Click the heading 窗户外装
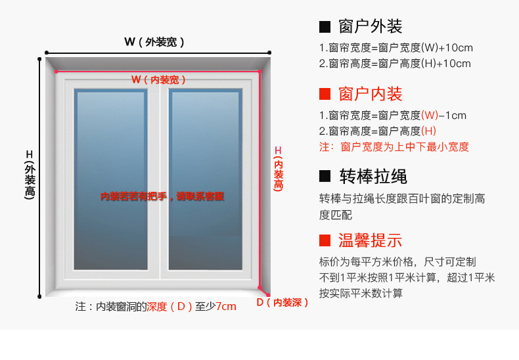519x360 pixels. click(x=371, y=27)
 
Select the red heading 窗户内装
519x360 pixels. click(x=371, y=94)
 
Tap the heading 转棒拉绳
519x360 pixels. click(x=373, y=177)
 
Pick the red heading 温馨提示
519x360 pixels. click(x=371, y=240)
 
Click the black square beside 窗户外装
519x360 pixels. click(x=325, y=27)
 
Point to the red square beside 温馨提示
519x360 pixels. click(x=325, y=240)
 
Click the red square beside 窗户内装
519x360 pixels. click(x=325, y=94)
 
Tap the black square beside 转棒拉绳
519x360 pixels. click(x=325, y=177)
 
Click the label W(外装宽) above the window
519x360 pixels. click(x=154, y=42)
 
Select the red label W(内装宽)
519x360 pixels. click(x=158, y=79)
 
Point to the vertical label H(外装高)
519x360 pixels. click(x=29, y=174)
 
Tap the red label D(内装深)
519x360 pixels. click(x=282, y=303)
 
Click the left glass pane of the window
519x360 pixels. click(x=110, y=179)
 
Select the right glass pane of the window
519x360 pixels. click(x=204, y=179)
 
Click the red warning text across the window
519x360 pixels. click(x=162, y=196)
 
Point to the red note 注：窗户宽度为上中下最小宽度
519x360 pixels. click(x=394, y=147)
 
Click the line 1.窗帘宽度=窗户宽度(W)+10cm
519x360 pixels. click(x=396, y=48)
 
